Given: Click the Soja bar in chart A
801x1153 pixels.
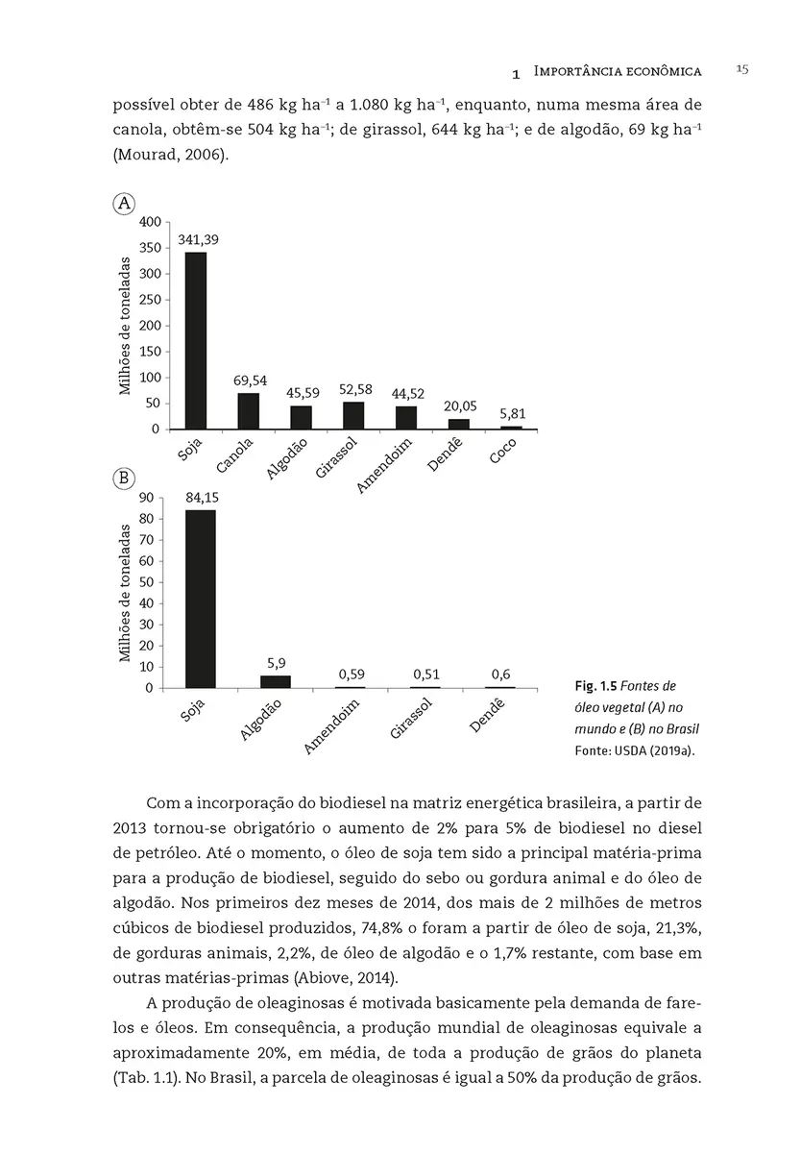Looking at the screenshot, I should click(196, 340).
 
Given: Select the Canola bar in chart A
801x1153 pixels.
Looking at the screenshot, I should click(249, 410).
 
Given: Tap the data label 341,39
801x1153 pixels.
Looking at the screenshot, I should click(198, 239).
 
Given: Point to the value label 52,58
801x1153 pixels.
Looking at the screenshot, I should click(355, 389).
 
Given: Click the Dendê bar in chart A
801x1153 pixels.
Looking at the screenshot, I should click(459, 424).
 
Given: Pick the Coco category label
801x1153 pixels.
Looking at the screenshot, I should click(502, 451).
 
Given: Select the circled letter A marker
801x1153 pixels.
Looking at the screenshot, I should click(124, 203).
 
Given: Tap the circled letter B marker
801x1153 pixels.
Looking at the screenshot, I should click(124, 478).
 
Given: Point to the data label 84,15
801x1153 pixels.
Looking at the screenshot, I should click(201, 497).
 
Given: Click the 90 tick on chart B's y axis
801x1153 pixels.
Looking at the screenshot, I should click(146, 497).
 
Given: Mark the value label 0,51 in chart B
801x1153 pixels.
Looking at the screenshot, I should click(426, 675).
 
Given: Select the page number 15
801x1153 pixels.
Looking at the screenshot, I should click(741, 69).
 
